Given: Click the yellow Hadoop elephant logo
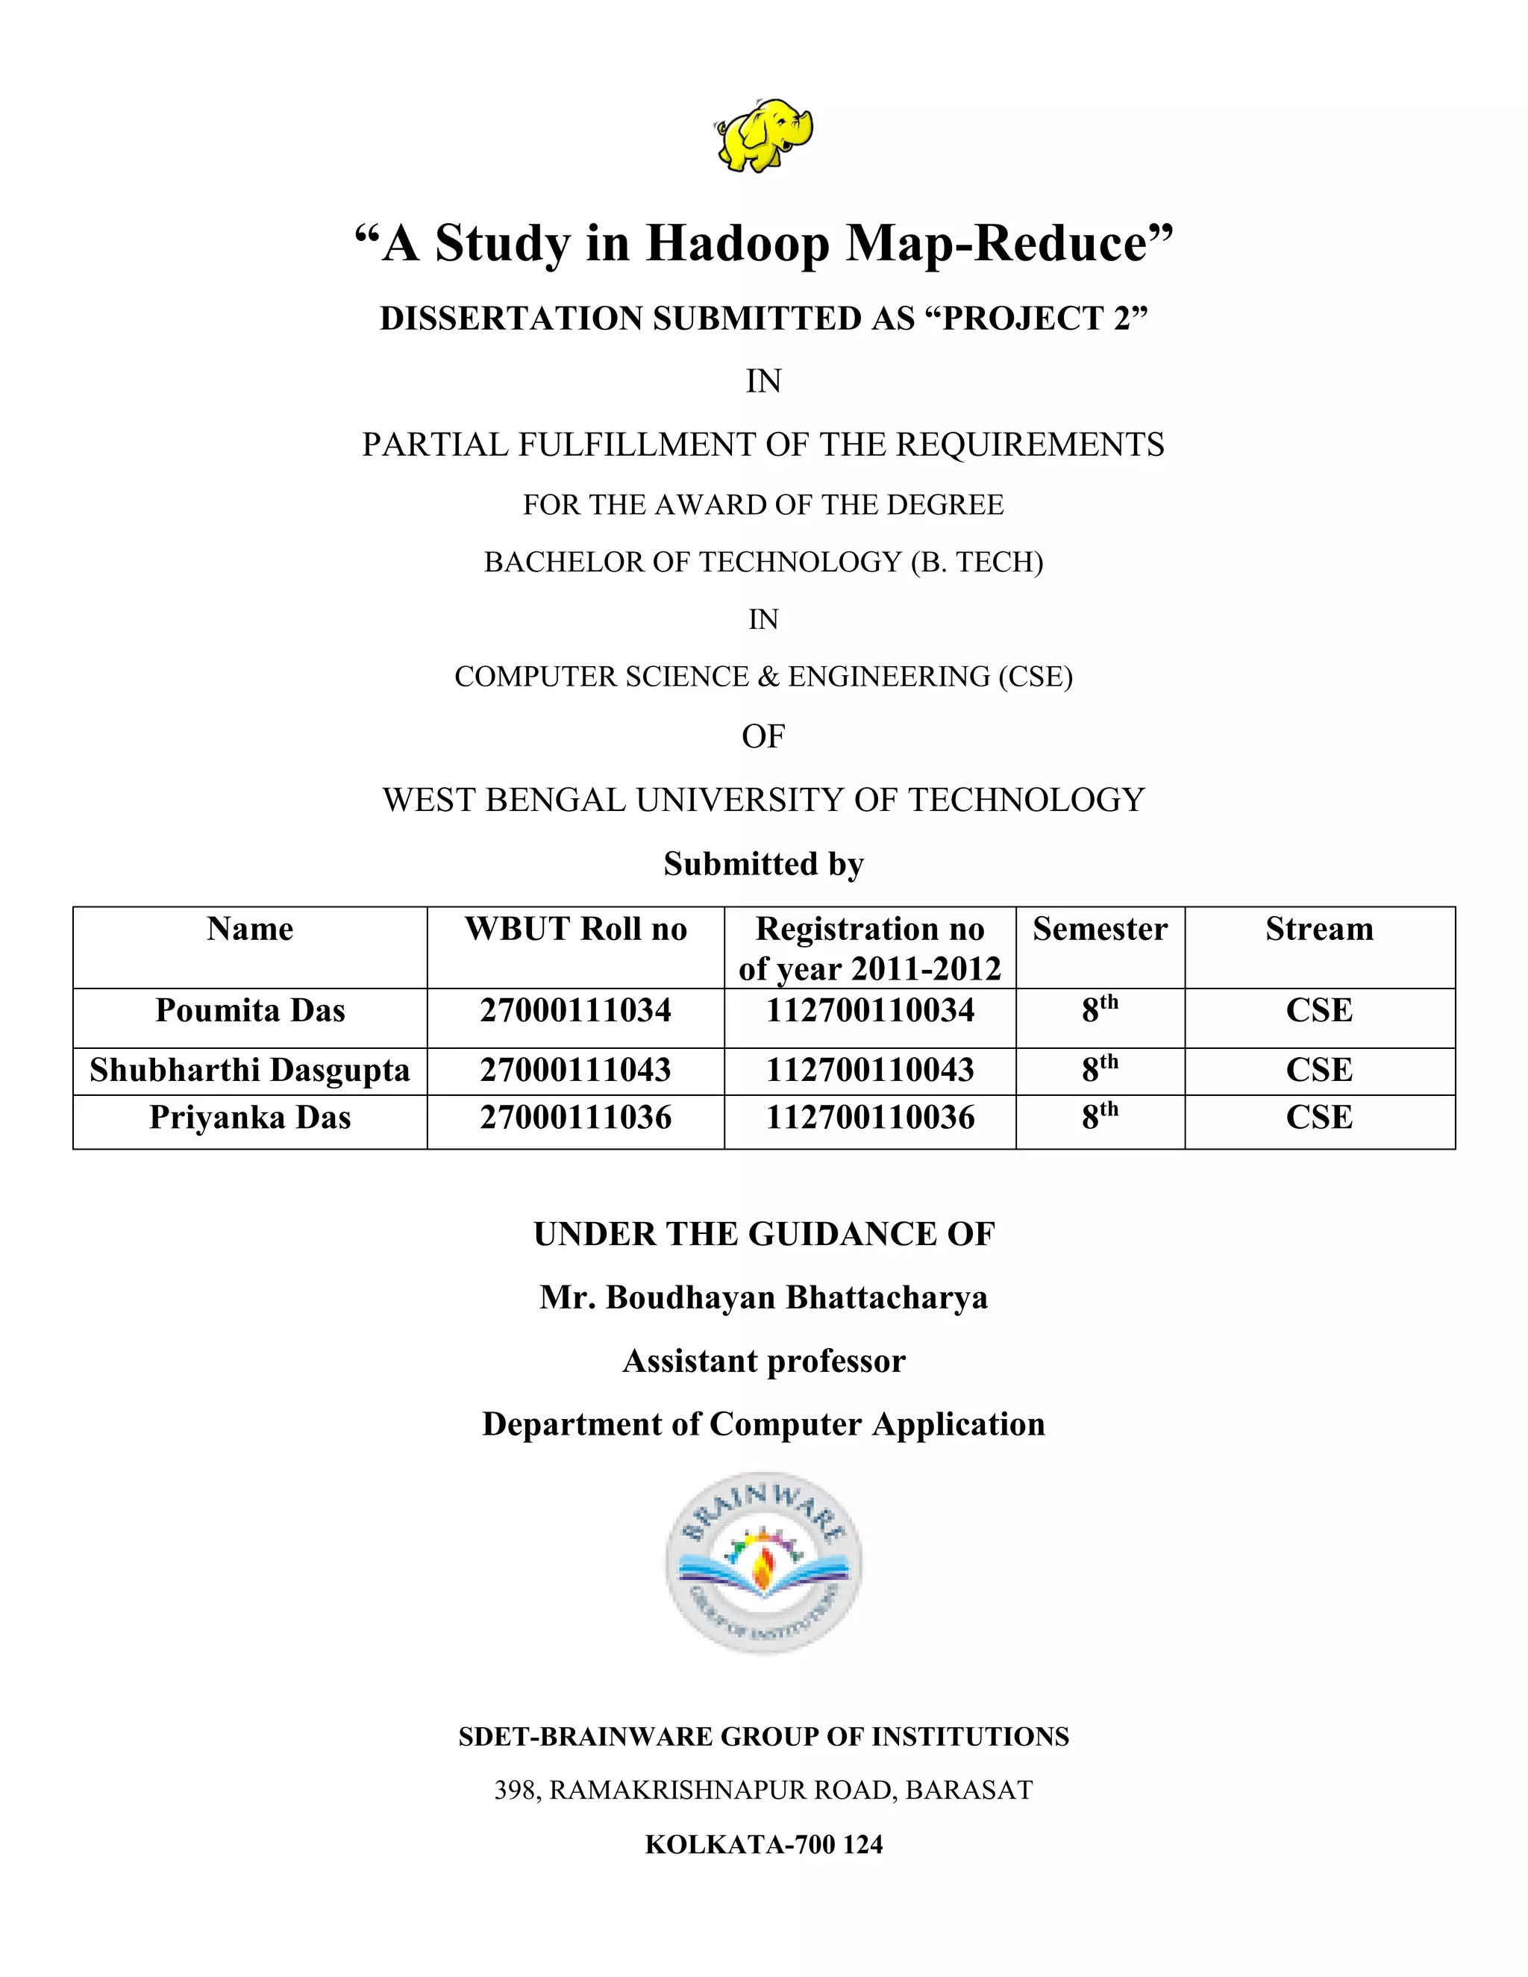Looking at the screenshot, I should click(x=764, y=136).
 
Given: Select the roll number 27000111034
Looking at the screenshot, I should click(x=576, y=1010).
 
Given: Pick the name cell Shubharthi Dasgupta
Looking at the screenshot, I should click(x=250, y=1070).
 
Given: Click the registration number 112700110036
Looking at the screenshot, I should click(x=870, y=1118).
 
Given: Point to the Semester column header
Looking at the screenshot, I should click(x=1100, y=930).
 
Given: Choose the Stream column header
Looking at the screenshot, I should click(x=1319, y=930).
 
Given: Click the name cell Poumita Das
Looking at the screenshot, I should click(x=250, y=1010).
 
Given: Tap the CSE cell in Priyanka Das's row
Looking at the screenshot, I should click(x=1319, y=1118).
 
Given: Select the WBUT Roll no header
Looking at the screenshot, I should click(x=576, y=930).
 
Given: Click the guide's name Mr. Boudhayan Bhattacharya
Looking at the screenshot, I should click(x=764, y=1297).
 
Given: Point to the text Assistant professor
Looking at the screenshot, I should click(x=764, y=1361).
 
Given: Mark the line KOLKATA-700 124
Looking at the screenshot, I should click(x=764, y=1844).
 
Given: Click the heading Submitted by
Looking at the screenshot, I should click(x=764, y=864).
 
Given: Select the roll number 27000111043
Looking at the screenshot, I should click(x=576, y=1070).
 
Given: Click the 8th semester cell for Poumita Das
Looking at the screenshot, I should click(x=1100, y=1010).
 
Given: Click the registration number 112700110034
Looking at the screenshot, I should click(x=870, y=1010).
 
